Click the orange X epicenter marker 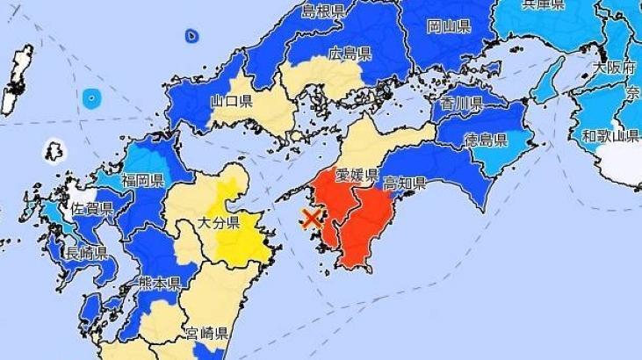coord(310,219)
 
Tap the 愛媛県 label coord(357,174)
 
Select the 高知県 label coord(405,184)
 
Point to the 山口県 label coord(232,102)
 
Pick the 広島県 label coord(350,53)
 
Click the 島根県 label coord(323,11)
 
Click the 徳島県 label coord(487,140)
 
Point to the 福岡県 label coord(143,182)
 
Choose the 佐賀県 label coord(92,209)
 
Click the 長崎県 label coord(86,254)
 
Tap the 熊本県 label coord(159,283)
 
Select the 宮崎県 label coord(207,334)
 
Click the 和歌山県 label coord(611,135)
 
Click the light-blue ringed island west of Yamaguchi coord(91,98)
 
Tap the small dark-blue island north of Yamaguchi coord(192,36)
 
